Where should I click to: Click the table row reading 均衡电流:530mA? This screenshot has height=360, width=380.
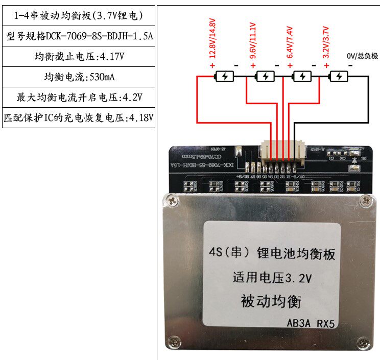(x=79, y=77)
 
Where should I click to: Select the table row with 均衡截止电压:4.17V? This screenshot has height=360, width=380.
(x=79, y=57)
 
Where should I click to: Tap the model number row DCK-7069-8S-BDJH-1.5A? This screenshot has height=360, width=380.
(x=79, y=36)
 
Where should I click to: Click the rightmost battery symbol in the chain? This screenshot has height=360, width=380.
(x=339, y=77)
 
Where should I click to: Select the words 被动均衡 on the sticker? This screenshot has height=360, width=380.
(x=271, y=300)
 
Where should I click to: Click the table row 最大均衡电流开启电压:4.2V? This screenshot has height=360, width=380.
(x=79, y=97)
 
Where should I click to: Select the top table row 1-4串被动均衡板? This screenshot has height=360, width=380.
(x=79, y=16)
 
